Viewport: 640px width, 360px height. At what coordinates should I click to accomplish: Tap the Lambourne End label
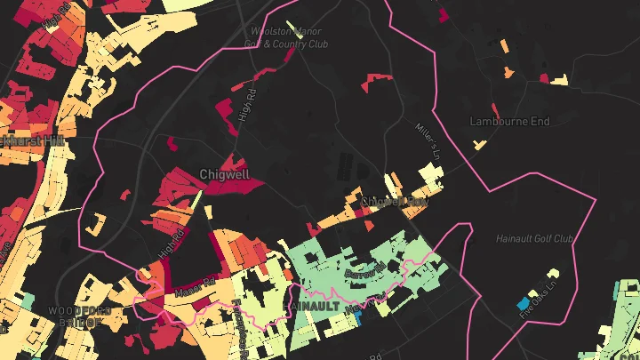[x=509, y=121]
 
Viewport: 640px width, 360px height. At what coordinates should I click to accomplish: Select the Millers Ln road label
[x=428, y=140]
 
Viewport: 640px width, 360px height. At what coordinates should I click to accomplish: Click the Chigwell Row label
[x=395, y=203]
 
